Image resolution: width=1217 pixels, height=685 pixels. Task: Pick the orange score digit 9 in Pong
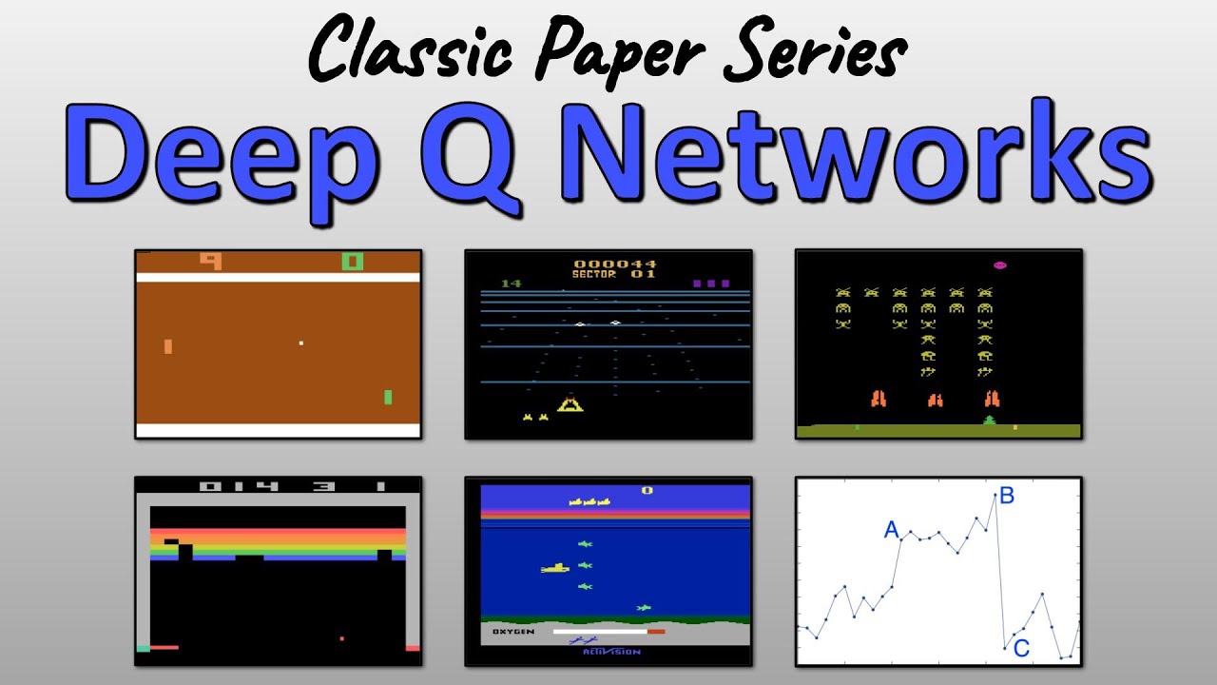pyautogui.click(x=210, y=260)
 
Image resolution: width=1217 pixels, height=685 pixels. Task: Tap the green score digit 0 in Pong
pyautogui.click(x=353, y=260)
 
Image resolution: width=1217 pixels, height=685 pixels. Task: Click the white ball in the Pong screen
pyautogui.click(x=301, y=342)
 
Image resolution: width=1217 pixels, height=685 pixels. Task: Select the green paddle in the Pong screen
pyautogui.click(x=388, y=397)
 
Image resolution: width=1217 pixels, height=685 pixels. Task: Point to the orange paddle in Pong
pyautogui.click(x=168, y=346)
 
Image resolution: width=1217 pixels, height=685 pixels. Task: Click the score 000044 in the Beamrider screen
pyautogui.click(x=614, y=264)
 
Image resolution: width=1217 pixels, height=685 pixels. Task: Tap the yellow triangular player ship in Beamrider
pyautogui.click(x=570, y=405)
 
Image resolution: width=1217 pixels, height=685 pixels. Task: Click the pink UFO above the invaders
pyautogui.click(x=1000, y=265)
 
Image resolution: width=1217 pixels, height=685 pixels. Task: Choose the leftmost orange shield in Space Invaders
pyautogui.click(x=879, y=399)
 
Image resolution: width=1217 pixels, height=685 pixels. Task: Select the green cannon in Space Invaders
pyautogui.click(x=990, y=420)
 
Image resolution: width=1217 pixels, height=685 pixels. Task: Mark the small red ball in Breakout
pyautogui.click(x=341, y=638)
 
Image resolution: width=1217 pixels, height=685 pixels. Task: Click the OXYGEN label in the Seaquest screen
pyautogui.click(x=512, y=631)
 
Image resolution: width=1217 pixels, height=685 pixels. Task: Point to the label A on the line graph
pyautogui.click(x=892, y=530)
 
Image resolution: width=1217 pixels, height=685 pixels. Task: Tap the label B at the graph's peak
pyautogui.click(x=1007, y=495)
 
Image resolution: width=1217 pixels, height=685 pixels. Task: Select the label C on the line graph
pyautogui.click(x=1021, y=649)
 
